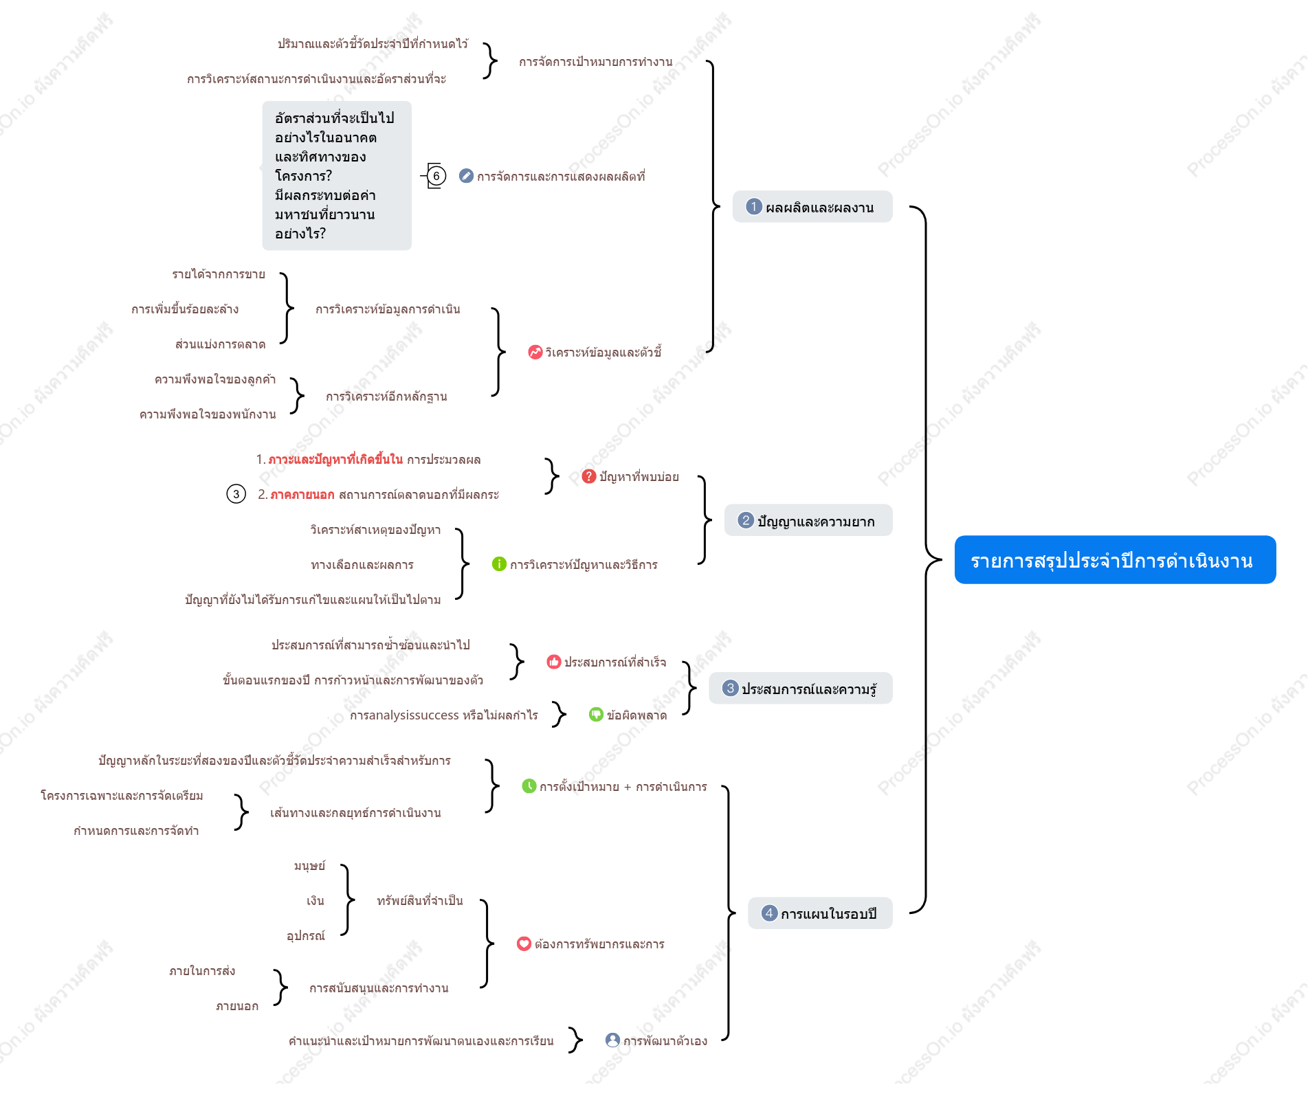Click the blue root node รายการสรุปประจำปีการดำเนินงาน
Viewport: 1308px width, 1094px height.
[1115, 560]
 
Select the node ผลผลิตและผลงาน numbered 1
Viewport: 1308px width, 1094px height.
[812, 207]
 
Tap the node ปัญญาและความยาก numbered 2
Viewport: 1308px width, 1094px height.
[808, 521]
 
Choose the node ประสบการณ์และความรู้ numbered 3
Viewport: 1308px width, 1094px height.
[801, 689]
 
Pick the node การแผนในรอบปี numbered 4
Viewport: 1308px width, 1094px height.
[820, 913]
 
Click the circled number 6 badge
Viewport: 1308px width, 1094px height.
[436, 176]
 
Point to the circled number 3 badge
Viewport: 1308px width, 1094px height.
[236, 494]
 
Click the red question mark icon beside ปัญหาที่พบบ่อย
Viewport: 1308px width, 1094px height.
[589, 476]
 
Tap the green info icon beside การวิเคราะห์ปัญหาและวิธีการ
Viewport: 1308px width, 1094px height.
[500, 564]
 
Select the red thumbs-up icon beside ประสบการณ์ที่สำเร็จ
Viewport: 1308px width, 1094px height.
[554, 662]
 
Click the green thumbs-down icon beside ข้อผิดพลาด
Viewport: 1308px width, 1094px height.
[597, 715]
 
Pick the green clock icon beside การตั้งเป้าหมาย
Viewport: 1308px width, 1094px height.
[529, 786]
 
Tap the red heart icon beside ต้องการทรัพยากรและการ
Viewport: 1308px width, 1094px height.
[524, 944]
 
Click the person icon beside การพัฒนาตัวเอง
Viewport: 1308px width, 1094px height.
[613, 1040]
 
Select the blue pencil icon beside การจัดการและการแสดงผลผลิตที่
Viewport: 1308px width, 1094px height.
[467, 176]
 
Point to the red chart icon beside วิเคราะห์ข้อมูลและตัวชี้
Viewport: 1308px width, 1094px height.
[535, 352]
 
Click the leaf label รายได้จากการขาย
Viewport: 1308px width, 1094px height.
[219, 274]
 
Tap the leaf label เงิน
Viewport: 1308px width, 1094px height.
[315, 900]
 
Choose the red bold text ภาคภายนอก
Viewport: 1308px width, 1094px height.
[302, 494]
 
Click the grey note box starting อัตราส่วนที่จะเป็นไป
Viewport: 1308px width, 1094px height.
[337, 176]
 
